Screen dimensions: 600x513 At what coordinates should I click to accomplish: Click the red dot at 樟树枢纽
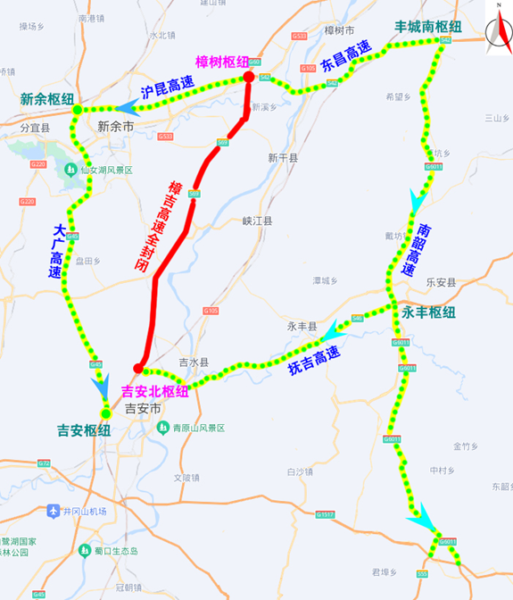(x=249, y=78)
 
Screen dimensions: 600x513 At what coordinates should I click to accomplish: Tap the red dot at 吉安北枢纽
(x=138, y=368)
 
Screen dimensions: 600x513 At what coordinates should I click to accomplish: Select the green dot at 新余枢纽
(x=78, y=109)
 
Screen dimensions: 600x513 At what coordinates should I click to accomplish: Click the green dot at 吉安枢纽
(x=105, y=413)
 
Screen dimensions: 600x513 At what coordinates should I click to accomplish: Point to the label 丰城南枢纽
(x=429, y=26)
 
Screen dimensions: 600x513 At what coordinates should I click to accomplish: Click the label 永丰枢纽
(x=428, y=312)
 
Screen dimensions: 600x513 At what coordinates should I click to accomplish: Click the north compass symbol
(x=495, y=31)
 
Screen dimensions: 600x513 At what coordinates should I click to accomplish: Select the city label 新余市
(x=115, y=127)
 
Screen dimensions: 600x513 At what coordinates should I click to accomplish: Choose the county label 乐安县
(x=441, y=282)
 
